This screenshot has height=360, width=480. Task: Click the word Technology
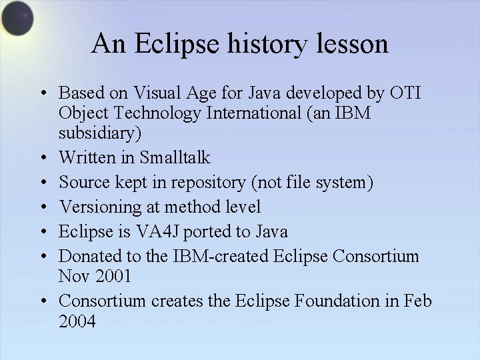pyautogui.click(x=147, y=113)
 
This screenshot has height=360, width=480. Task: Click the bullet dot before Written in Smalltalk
pyautogui.click(x=42, y=159)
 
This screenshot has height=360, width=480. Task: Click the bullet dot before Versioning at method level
pyautogui.click(x=42, y=207)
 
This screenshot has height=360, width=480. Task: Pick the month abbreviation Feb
pyautogui.click(x=418, y=301)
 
